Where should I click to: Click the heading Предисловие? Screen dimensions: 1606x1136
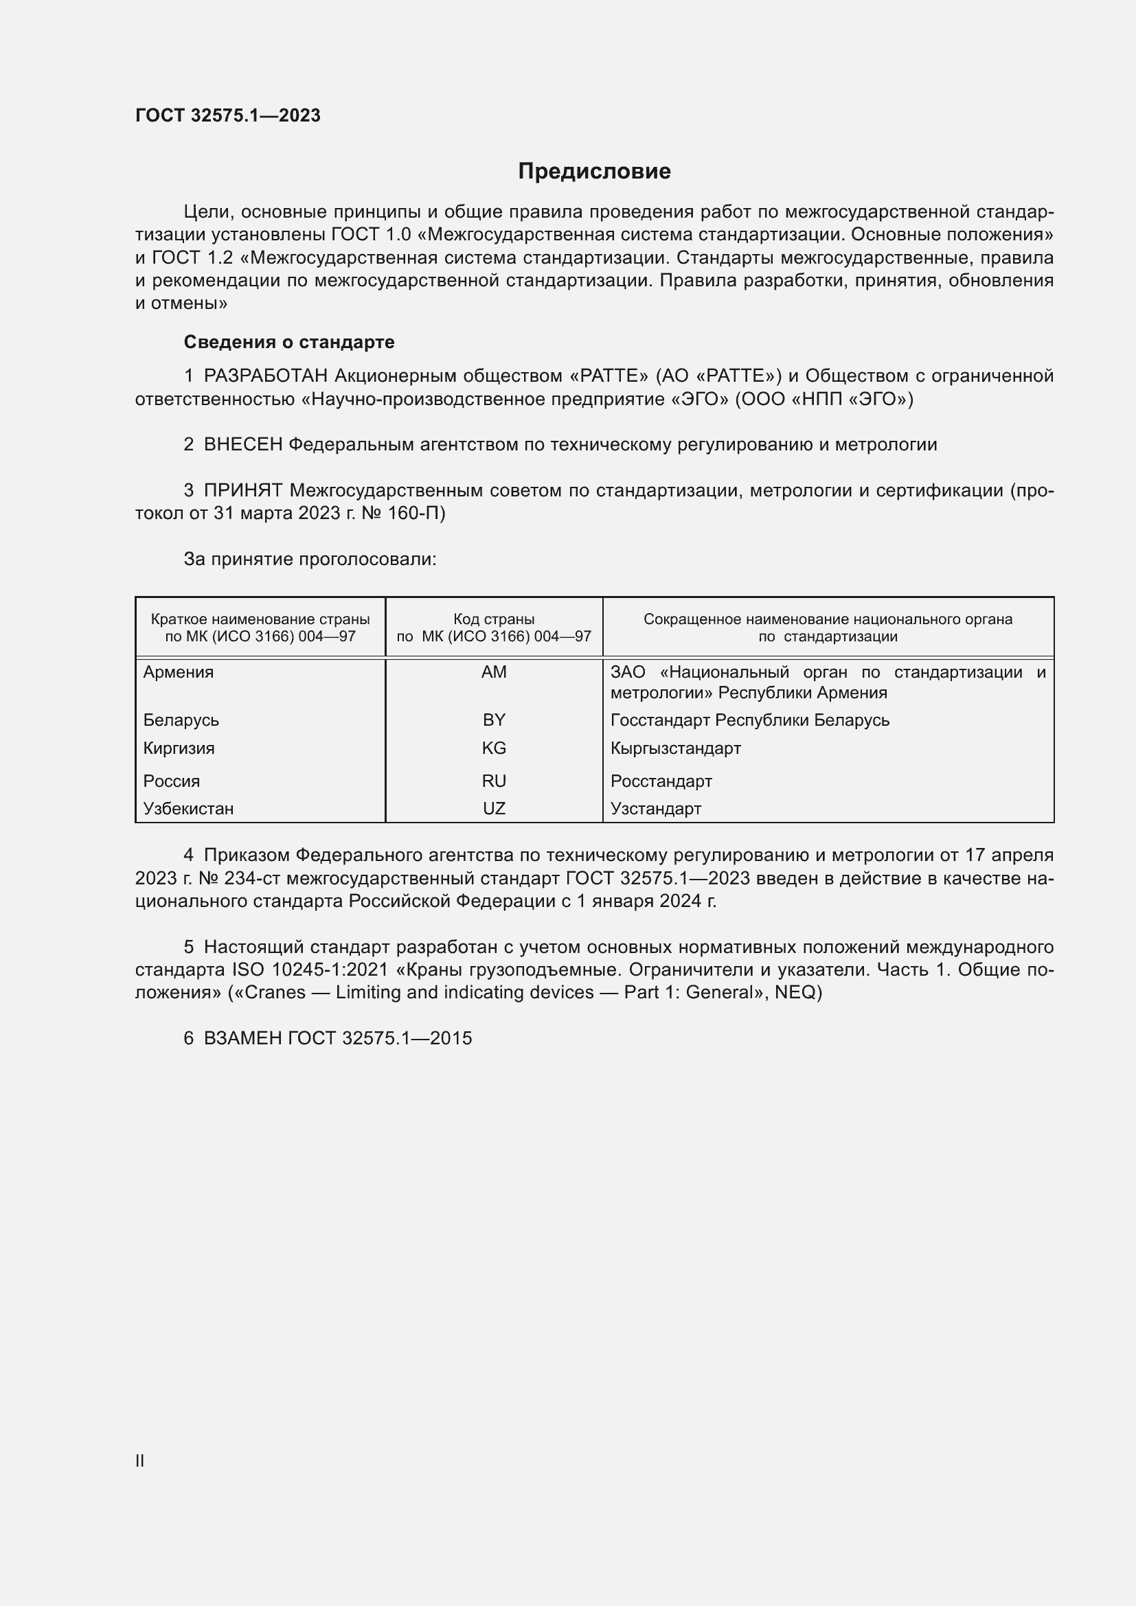[594, 172]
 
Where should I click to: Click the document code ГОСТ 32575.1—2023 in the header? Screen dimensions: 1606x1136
[228, 115]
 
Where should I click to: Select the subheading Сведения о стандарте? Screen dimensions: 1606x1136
[289, 342]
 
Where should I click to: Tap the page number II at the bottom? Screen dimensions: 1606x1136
[140, 1460]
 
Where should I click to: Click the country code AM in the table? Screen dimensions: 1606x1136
[494, 672]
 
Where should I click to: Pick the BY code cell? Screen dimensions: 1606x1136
[494, 720]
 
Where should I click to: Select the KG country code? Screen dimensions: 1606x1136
[494, 748]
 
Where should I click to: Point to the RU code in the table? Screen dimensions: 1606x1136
[494, 781]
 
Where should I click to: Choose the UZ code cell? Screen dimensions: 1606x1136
[494, 809]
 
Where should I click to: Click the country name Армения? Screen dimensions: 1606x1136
[179, 672]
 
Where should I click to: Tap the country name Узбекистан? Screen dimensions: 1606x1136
[188, 809]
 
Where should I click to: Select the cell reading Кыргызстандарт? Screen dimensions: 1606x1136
[675, 748]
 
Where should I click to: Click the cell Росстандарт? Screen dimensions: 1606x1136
[661, 781]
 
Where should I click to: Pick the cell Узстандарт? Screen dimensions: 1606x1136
[655, 809]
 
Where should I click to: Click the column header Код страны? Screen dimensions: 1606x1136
[494, 619]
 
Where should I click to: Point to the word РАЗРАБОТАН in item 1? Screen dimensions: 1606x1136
[266, 376]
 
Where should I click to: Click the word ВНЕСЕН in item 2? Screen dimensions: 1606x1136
[242, 445]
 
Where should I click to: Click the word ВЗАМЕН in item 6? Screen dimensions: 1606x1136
[242, 1038]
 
